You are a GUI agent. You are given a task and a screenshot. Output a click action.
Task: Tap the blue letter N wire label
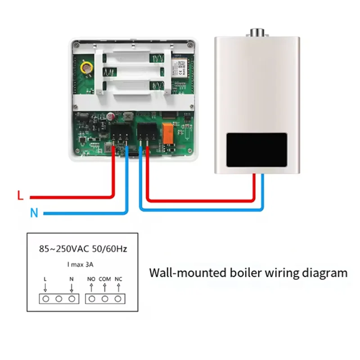click(x=34, y=212)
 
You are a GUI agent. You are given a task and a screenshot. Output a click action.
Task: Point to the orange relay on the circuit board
click(x=168, y=133)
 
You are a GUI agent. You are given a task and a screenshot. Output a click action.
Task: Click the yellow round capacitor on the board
click(x=85, y=67)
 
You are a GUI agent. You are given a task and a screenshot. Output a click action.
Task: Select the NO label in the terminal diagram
click(x=91, y=279)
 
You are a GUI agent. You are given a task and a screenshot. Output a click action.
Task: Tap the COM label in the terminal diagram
click(x=104, y=279)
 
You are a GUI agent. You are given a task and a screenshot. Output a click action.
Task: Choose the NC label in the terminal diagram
click(x=118, y=279)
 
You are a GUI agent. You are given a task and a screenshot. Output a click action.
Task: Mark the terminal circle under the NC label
click(x=118, y=298)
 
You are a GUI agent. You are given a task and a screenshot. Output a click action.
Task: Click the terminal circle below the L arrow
click(x=45, y=298)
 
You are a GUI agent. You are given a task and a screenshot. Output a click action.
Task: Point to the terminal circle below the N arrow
click(x=72, y=298)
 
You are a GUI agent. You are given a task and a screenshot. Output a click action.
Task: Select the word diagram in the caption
click(x=326, y=273)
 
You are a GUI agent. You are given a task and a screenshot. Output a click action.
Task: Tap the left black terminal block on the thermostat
click(x=120, y=133)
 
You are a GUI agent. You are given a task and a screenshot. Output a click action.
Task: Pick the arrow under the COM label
click(x=104, y=288)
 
